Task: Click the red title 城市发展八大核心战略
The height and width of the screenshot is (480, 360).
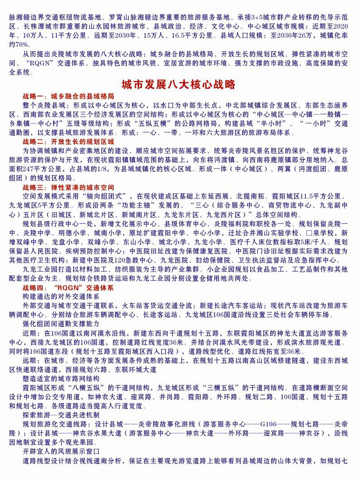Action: tap(179, 85)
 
